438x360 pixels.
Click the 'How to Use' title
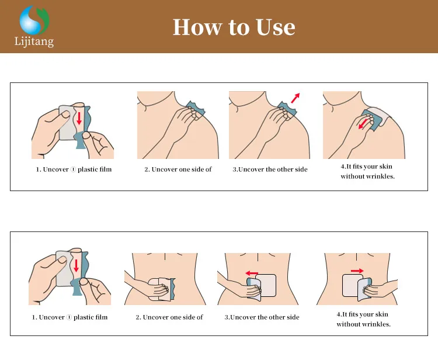(234, 27)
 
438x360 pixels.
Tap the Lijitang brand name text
(34, 41)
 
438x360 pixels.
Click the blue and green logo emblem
(34, 20)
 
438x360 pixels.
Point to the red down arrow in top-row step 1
(79, 118)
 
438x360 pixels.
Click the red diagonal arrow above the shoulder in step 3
(296, 98)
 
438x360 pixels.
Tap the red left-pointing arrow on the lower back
(252, 273)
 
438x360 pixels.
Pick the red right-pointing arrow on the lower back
(357, 271)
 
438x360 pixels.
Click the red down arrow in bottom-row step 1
(76, 265)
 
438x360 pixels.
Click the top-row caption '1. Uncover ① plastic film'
(74, 169)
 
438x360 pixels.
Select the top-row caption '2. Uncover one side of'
(178, 169)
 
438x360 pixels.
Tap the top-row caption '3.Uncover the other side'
(270, 169)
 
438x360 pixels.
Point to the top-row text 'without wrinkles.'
(367, 176)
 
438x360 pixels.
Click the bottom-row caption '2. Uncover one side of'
(169, 317)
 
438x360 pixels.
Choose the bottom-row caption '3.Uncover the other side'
(262, 317)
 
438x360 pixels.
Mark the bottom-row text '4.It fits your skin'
(362, 314)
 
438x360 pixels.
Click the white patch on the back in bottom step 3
(267, 285)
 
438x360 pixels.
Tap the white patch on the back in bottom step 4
(350, 285)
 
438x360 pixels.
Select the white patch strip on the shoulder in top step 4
(380, 114)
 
